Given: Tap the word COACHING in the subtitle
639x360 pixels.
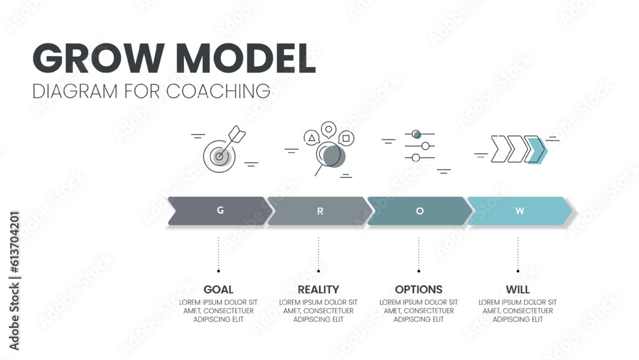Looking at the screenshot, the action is pos(219,91).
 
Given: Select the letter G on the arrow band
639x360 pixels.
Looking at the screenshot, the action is pos(220,210).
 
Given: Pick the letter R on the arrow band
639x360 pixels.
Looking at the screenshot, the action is pos(320,211).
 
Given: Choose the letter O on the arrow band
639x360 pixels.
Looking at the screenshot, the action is pos(420,211).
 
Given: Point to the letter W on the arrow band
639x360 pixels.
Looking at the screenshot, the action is pos(520,211).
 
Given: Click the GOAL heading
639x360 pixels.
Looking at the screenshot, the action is pos(219,289).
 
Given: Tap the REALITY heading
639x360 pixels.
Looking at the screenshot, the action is pos(318,289).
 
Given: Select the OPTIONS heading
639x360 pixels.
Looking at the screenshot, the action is pos(419,289).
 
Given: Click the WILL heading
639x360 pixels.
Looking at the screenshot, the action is pos(518,289).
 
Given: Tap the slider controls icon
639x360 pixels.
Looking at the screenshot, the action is pos(419,146).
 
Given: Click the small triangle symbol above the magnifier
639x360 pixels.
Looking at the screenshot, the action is pos(311,137).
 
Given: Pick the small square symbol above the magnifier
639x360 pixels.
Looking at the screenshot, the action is pos(346,137).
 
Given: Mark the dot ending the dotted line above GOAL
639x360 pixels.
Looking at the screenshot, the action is pos(219,270).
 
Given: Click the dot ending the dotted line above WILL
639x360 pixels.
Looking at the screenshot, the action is pos(518,270).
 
